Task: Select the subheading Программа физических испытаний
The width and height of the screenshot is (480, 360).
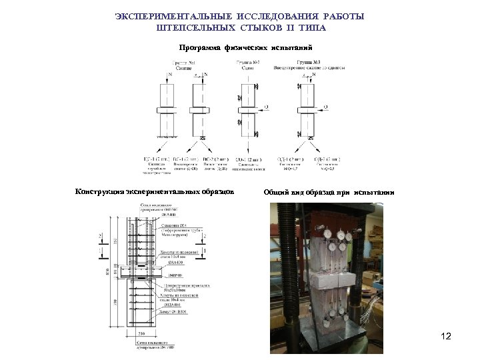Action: (243, 47)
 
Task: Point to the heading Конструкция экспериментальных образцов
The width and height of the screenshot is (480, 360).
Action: (155, 192)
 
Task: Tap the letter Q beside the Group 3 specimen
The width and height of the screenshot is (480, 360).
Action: (325, 105)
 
